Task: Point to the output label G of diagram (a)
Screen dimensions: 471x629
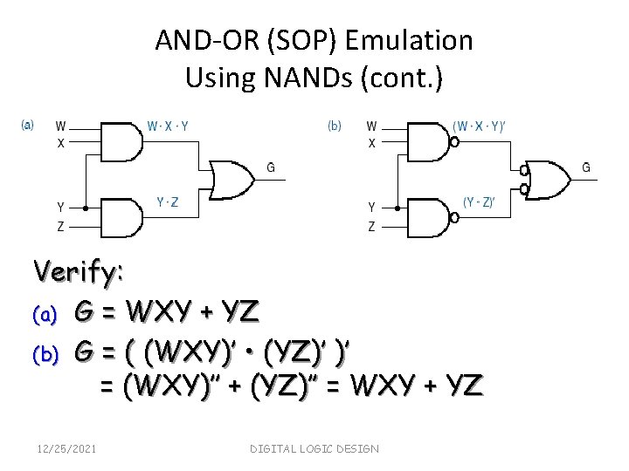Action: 271,167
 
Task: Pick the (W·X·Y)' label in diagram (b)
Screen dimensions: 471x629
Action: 480,126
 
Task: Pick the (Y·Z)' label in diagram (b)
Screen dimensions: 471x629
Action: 479,202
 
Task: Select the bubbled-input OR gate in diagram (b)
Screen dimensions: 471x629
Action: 545,181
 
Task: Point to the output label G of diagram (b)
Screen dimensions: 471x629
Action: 585,167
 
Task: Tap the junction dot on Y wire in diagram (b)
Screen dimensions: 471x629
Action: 397,208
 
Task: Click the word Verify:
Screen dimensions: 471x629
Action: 79,272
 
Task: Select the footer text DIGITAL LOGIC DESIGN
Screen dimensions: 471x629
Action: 314,448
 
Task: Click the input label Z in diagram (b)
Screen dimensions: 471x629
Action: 371,227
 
